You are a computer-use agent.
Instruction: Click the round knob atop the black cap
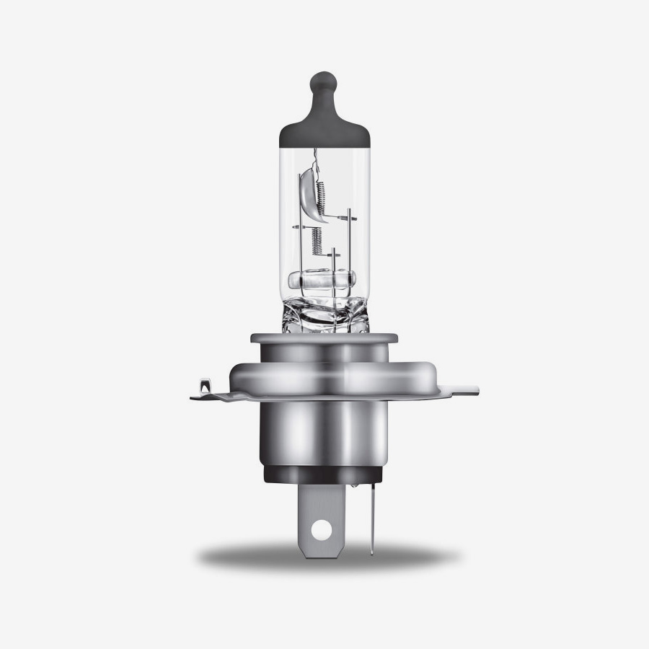tap(324, 81)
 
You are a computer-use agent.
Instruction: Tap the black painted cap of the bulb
tap(324, 126)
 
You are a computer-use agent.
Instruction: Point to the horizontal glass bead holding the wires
tap(324, 279)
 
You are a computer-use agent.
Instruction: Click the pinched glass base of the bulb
tap(324, 314)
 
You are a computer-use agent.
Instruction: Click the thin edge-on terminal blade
tap(371, 519)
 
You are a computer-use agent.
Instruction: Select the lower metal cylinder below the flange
tap(324, 433)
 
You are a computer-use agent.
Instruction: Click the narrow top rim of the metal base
tap(324, 337)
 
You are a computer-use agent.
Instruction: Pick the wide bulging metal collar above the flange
tap(324, 371)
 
